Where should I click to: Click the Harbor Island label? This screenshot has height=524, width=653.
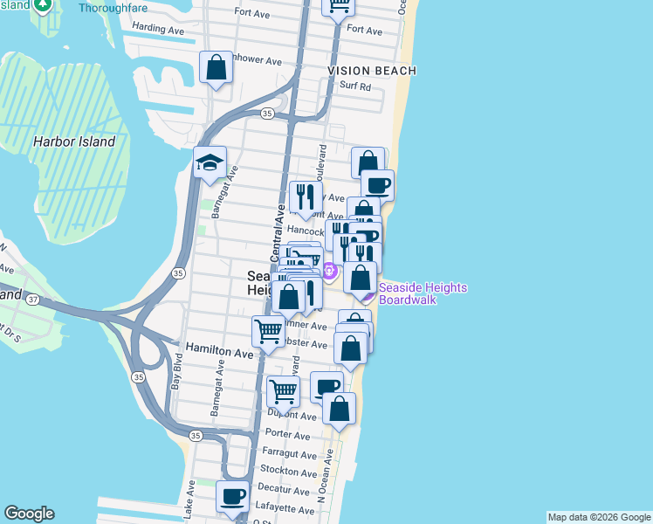point(74,141)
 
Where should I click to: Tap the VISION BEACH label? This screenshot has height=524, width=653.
point(372,70)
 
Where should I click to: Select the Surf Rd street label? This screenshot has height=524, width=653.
point(355,86)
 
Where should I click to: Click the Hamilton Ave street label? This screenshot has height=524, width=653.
point(218,352)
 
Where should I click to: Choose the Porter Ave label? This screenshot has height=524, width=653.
point(289,435)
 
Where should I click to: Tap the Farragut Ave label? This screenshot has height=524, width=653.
point(289,455)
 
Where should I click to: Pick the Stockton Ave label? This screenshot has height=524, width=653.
point(289,473)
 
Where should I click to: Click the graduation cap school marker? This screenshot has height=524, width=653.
point(210,162)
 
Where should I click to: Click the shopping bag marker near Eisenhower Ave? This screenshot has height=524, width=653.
point(216,67)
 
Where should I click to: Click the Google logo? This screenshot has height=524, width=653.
point(29,514)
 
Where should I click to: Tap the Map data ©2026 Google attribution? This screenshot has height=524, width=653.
point(599,517)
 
